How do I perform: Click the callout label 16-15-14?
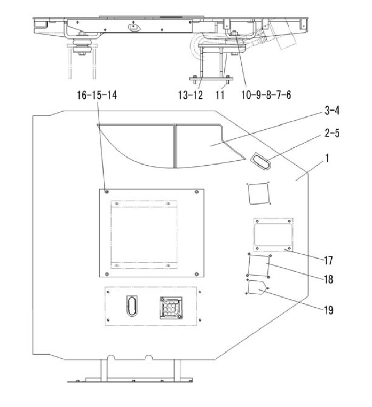pos(97,95)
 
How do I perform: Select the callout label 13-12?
pos(191,95)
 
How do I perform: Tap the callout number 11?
pos(220,95)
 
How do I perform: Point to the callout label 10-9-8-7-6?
pos(266,95)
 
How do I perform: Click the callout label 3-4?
pos(332,111)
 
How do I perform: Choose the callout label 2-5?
pos(332,133)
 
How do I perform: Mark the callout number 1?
pos(327,158)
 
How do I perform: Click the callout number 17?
pos(328,260)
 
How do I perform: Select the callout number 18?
pos(328,279)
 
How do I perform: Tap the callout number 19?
pos(328,310)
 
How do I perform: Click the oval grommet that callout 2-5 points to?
pos(260,161)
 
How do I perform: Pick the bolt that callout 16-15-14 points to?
pos(106,192)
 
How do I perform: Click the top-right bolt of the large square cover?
pos(196,192)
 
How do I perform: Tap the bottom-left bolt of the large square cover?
pos(106,274)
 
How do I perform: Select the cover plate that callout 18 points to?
pos(259,266)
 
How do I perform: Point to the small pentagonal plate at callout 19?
pos(257,287)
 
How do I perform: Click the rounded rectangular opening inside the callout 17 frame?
pos(273,235)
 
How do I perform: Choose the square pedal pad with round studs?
pos(170,308)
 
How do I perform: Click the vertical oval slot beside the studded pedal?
pos(132,306)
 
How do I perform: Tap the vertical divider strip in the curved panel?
pos(175,146)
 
